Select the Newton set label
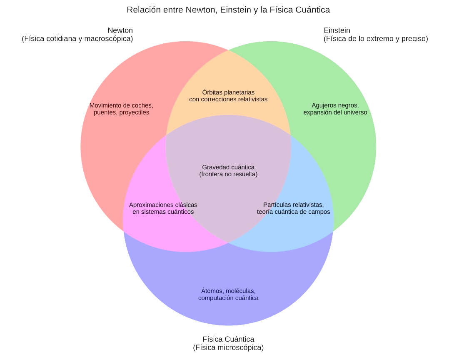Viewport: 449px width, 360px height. [120, 30]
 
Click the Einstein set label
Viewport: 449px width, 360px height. [337, 30]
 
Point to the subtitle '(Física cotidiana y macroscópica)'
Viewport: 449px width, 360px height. [77, 39]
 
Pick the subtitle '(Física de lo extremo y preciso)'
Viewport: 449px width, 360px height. [376, 39]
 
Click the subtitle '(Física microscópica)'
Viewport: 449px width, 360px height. [228, 347]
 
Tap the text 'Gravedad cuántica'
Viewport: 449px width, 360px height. [228, 167]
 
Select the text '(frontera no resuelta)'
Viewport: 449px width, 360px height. [228, 174]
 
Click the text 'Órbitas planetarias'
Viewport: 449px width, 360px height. [228, 92]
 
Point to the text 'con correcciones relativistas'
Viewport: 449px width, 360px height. [228, 99]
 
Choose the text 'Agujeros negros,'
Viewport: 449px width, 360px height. [335, 105]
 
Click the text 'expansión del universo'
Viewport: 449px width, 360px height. [335, 112]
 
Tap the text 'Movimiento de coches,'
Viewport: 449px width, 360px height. [121, 105]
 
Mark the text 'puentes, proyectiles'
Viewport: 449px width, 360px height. [121, 112]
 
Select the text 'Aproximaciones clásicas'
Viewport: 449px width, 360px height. [163, 205]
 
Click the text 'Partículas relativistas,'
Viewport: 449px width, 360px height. [293, 205]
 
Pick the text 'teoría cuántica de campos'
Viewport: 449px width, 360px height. [293, 212]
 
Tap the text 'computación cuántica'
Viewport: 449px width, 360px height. [228, 298]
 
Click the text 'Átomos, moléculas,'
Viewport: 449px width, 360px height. [228, 291]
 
